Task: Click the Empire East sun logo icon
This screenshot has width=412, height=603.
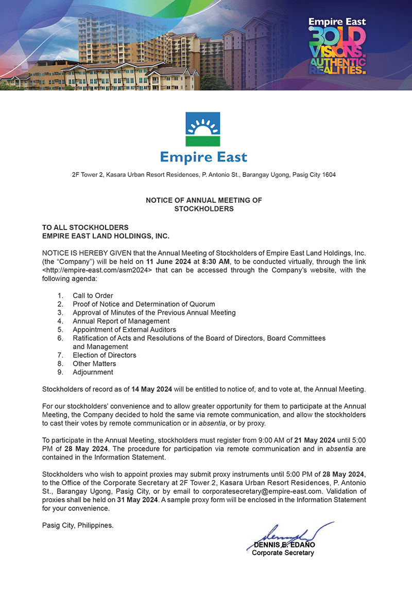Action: point(203,129)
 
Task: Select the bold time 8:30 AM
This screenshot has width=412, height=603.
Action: point(216,262)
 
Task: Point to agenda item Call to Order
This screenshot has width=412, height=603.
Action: point(93,295)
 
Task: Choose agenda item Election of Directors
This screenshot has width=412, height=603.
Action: point(105,355)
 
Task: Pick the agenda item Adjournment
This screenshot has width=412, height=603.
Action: point(93,372)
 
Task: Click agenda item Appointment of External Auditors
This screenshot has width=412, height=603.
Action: point(124,329)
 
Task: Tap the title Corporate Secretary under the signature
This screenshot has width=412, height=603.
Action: point(283,553)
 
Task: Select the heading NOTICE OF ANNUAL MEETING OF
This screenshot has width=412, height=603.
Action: point(204,200)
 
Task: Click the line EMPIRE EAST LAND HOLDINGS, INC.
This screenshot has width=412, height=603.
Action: point(106,236)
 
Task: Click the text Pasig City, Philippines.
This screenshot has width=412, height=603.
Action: point(77,525)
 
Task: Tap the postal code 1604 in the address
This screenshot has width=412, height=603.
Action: point(329,175)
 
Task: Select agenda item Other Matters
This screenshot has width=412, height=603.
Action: point(94,364)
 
